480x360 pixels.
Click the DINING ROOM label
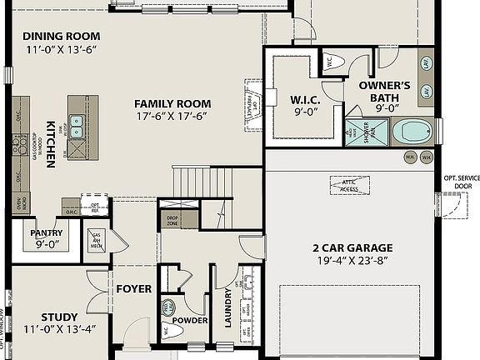tap(61, 36)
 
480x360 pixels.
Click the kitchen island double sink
tap(76, 127)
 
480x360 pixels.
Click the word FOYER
tap(133, 289)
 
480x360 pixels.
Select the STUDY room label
tap(59, 317)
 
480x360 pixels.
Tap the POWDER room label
tap(189, 320)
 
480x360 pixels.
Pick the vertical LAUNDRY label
tap(227, 307)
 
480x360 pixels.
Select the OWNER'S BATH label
tap(384, 91)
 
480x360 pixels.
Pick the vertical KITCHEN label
tap(51, 143)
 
